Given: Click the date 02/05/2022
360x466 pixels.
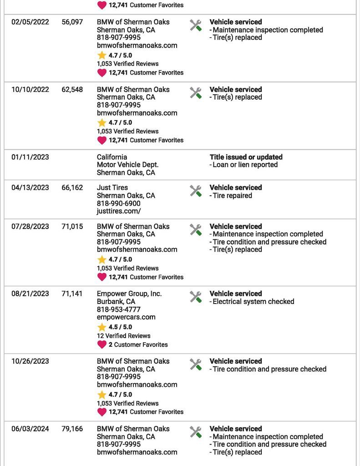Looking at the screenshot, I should coord(30,22).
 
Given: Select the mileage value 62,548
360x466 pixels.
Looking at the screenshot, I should coord(72,90).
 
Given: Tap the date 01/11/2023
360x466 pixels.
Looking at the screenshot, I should coord(30,157).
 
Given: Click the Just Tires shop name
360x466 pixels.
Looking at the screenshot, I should coord(112,187).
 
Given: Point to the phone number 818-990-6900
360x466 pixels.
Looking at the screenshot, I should coord(118,203).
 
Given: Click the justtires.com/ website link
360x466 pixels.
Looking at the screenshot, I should coord(119,211).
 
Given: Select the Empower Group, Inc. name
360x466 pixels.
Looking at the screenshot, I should coord(129,294).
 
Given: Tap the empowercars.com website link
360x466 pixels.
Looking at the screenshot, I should coord(126,317).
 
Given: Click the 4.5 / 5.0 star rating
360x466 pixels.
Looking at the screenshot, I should coord(120,327).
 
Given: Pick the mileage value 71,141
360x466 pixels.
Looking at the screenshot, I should coord(72,294).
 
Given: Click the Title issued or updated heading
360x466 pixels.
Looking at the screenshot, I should coord(246,157).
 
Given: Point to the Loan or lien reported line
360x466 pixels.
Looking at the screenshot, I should coord(245,165).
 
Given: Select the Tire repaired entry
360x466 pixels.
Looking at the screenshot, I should coord(232,196).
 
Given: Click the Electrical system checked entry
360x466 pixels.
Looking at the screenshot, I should coord(253,301).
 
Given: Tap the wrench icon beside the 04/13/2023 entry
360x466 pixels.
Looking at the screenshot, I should coord(196,191).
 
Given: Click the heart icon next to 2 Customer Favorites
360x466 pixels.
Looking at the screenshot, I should coord(102,344).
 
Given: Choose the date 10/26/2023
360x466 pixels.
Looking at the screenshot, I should coord(30,361).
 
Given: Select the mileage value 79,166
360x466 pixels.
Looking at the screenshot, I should coord(72,429).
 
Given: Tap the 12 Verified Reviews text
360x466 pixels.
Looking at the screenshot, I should coord(123,336).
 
